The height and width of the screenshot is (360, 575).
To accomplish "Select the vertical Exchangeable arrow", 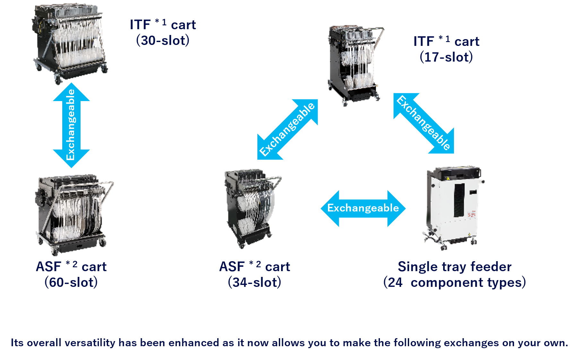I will click(71, 125).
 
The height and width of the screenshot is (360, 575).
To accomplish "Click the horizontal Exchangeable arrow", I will click(363, 208).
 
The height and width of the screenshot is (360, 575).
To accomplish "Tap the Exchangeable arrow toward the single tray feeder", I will click(424, 123).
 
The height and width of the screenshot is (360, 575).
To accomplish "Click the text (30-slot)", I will click(163, 41).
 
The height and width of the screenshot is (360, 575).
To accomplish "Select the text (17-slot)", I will click(446, 57).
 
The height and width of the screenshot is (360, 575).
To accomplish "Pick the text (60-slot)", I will click(71, 283).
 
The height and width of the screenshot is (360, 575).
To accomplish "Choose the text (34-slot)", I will click(255, 283).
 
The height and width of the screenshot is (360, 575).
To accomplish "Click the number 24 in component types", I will click(395, 283).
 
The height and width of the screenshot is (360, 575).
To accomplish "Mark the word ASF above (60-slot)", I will click(48, 267).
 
